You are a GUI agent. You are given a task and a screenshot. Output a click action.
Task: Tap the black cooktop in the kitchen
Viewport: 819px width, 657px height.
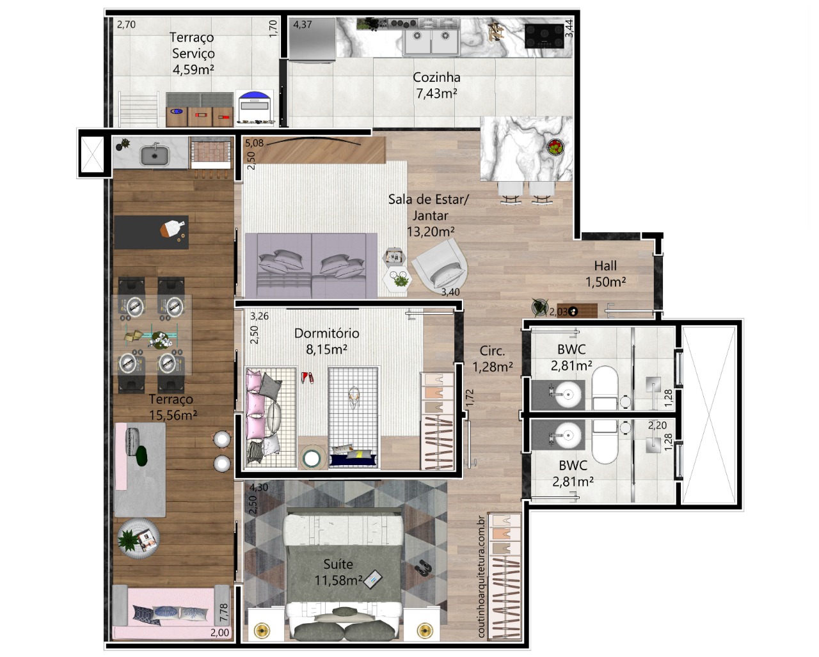(544, 36)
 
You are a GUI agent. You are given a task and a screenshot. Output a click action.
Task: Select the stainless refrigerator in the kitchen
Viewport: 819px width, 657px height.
(312, 39)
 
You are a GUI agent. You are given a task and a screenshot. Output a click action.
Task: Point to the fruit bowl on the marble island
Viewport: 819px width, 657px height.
(555, 147)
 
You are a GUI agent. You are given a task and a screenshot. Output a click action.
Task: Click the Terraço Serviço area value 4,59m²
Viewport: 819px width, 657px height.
(193, 70)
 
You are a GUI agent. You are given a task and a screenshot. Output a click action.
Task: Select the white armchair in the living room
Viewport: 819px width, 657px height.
(440, 265)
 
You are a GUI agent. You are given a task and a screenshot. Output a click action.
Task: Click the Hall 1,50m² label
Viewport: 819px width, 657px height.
(605, 274)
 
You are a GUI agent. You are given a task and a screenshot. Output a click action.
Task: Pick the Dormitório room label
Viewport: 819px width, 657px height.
(326, 333)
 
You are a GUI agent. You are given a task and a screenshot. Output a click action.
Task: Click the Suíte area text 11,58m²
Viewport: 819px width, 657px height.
(338, 580)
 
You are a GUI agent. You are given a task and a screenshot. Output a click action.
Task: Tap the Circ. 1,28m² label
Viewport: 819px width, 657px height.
(493, 359)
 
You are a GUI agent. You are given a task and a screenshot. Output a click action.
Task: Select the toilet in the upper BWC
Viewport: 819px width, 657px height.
(605, 388)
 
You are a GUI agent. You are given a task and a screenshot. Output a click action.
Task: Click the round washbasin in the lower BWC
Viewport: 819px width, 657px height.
(568, 434)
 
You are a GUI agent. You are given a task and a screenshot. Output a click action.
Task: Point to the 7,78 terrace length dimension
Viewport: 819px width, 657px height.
(224, 613)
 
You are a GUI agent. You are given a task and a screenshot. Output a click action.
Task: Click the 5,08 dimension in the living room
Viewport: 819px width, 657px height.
(254, 143)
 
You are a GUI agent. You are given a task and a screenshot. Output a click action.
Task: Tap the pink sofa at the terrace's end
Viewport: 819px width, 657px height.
(171, 612)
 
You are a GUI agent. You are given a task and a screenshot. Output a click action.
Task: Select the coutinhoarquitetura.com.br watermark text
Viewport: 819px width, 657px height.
(481, 576)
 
